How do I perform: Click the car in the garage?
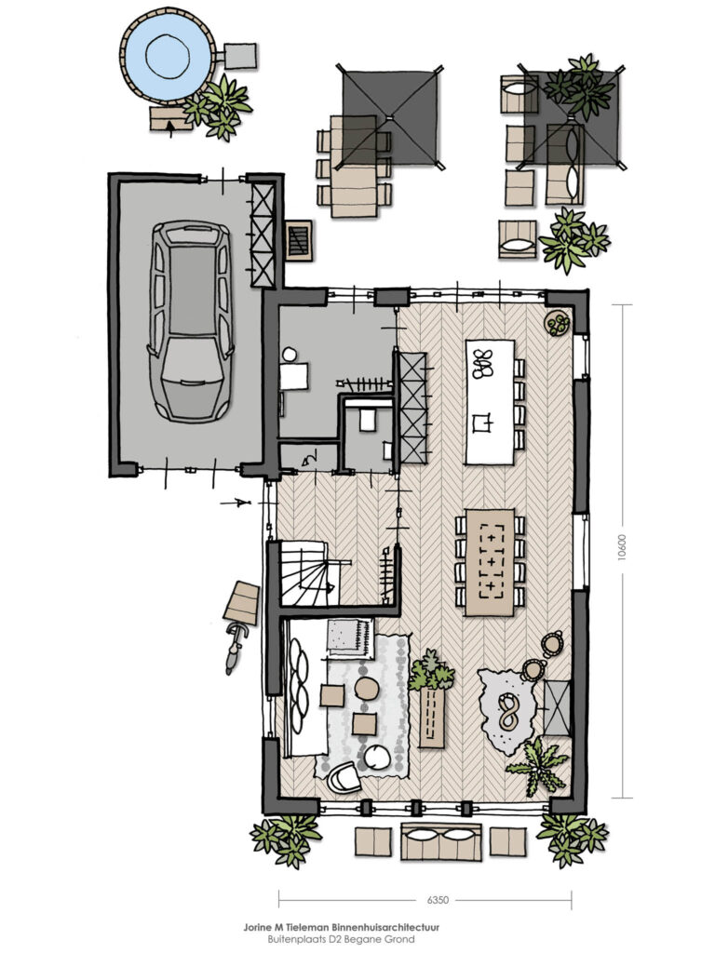190,321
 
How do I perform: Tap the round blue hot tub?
168,56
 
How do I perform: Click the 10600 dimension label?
621,551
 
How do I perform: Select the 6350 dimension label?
438,900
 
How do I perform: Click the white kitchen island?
490,402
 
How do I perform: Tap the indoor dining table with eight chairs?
490,561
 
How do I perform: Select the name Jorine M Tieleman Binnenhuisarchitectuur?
341,928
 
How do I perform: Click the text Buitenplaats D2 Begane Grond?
341,939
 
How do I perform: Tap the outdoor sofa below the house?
442,841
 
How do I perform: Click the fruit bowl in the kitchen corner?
557,323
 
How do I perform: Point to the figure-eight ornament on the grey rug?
506,711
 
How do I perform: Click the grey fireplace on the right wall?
557,707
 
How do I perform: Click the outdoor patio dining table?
354,166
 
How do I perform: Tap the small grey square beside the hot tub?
240,54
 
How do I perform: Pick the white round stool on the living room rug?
376,757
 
